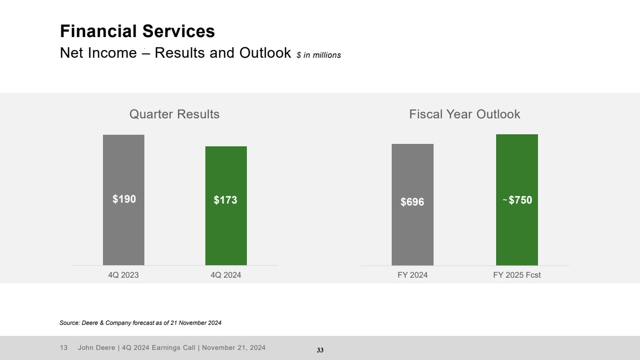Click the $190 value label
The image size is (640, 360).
124,199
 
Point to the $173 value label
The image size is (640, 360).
225,200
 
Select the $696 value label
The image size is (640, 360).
412,202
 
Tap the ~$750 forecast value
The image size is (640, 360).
517,200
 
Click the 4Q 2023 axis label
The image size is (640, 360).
124,275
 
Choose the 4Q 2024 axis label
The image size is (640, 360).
226,275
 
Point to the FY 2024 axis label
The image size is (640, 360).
412,275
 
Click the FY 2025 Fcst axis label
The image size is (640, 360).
517,275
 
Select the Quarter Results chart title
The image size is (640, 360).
174,114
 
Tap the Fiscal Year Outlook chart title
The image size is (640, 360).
464,114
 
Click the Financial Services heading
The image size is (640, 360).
137,31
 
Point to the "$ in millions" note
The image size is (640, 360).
319,55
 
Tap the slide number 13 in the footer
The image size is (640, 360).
63,347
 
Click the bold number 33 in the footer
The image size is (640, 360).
320,350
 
